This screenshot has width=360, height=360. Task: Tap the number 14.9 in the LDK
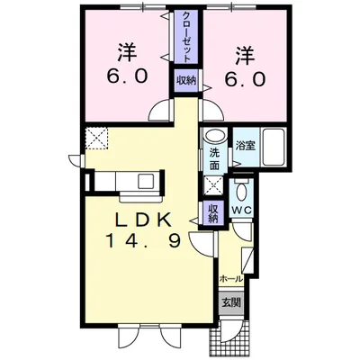[137, 240]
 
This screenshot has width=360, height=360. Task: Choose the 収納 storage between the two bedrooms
[186, 80]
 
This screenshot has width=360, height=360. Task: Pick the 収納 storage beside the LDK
[213, 213]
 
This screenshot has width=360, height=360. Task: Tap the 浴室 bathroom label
[243, 142]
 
